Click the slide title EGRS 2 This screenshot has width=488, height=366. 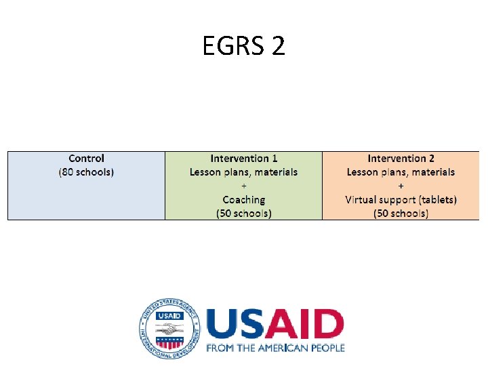(244, 46)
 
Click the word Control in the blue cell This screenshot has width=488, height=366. (86, 159)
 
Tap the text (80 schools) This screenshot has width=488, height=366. (86, 172)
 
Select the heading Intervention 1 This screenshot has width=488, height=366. (243, 159)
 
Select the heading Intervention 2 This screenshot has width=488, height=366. (401, 159)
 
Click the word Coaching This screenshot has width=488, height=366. (243, 199)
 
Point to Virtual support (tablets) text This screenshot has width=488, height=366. (401, 199)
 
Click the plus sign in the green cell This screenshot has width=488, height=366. (243, 186)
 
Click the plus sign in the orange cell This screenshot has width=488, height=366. (401, 186)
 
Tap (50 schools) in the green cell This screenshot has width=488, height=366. (243, 213)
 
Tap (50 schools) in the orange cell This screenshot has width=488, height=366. (401, 213)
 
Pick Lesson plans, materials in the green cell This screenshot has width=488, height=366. (243, 172)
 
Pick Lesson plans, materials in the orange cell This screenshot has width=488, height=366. (401, 172)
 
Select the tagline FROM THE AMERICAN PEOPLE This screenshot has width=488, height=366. (275, 348)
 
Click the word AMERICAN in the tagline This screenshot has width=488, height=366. (283, 348)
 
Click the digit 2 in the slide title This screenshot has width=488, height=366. (277, 46)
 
